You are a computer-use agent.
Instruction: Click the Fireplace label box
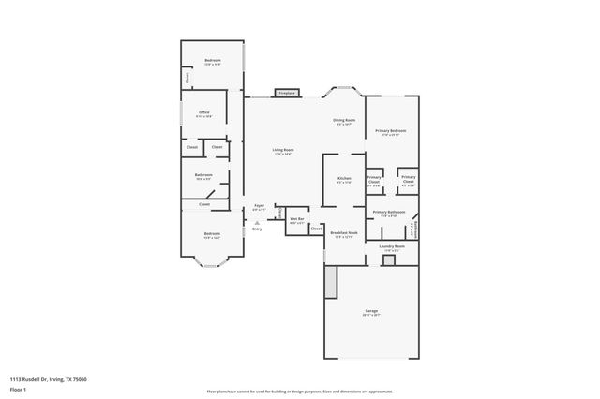pos(286,93)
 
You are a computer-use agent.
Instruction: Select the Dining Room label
pos(344,121)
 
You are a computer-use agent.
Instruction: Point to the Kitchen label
pos(344,179)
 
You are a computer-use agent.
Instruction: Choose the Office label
pos(203,113)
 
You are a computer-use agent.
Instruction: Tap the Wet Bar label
pos(296,221)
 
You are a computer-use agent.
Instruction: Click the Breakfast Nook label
pos(344,233)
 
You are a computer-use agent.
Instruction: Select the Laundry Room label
pos(392,246)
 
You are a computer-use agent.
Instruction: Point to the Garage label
pos(372,312)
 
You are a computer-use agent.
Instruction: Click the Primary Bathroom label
pos(389,213)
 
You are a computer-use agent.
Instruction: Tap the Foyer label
pos(259,207)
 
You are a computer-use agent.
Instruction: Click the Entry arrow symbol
pos(257,222)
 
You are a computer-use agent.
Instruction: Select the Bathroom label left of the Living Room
pos(203,175)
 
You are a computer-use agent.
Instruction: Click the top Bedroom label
pos(213,62)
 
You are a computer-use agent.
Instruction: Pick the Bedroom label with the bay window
pos(213,234)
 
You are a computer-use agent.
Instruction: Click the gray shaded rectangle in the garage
pos(330,282)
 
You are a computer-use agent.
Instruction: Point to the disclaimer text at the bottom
pos(300,392)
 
